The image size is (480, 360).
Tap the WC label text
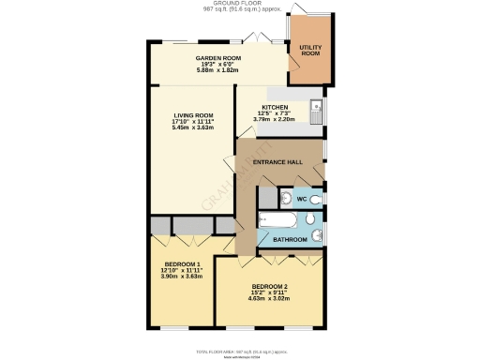click(x=301, y=200)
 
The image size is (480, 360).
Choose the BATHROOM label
click(x=289, y=240)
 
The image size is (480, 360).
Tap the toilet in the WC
click(x=316, y=199)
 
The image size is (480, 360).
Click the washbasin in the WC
click(x=285, y=198)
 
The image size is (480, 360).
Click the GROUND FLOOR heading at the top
click(x=240, y=4)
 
